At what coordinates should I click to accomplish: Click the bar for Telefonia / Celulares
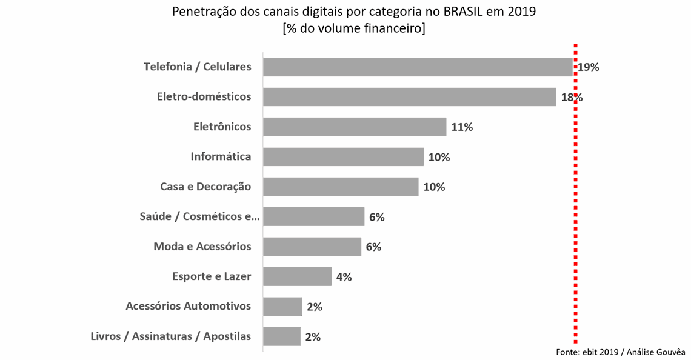pos(418,67)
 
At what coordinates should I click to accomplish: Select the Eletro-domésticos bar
pos(409,97)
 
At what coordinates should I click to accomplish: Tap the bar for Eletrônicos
pos(355,127)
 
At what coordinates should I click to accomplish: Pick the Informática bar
pos(343,157)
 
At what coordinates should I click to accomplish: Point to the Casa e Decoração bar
pos(341,187)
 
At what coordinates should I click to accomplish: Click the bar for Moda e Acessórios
pos(312,247)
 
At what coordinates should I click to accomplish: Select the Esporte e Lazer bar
pos(297,276)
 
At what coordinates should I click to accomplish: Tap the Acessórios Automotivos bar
pos(282,307)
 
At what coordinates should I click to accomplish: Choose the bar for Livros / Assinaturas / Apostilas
pos(282,336)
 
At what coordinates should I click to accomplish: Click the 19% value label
pos(588,67)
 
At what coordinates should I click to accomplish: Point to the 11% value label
pos(461,127)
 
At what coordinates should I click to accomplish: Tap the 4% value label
pos(344,277)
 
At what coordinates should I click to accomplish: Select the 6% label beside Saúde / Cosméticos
pos(376,217)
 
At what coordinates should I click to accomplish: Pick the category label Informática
pos(221,157)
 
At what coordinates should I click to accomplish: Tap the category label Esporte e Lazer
pos(212,277)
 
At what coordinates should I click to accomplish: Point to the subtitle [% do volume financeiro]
pos(353,28)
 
